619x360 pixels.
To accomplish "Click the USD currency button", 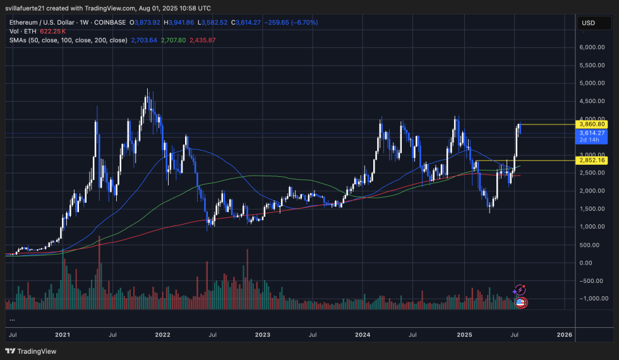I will (588, 23).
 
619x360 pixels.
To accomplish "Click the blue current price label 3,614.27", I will (592, 133).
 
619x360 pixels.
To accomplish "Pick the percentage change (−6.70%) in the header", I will (305, 22).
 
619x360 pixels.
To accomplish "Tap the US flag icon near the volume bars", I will (520, 303).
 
